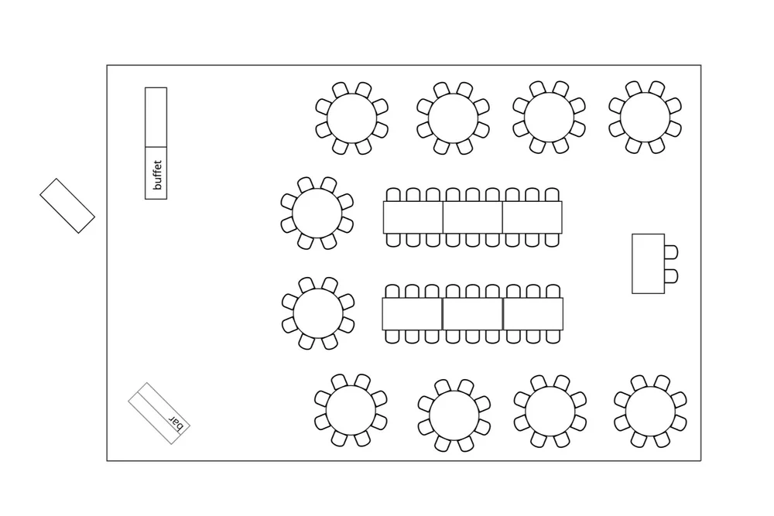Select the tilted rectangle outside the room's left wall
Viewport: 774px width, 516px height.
pyautogui.click(x=67, y=206)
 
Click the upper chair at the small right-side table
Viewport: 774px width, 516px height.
pyautogui.click(x=671, y=252)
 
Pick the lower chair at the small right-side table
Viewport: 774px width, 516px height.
pyautogui.click(x=671, y=275)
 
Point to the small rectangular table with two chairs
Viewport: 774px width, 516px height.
pyautogui.click(x=648, y=264)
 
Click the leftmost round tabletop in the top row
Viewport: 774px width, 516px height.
pyautogui.click(x=351, y=118)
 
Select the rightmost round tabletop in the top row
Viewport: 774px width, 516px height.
pyautogui.click(x=645, y=118)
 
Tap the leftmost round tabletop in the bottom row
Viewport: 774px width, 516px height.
pyautogui.click(x=351, y=411)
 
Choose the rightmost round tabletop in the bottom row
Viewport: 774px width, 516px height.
pyautogui.click(x=650, y=411)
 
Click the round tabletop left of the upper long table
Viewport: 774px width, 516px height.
pyautogui.click(x=317, y=214)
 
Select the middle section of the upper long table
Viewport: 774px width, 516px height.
pyautogui.click(x=472, y=217)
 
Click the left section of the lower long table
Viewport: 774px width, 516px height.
pyautogui.click(x=412, y=313)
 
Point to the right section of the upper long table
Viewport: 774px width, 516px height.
pyautogui.click(x=533, y=217)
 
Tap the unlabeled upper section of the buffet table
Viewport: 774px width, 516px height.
pyautogui.click(x=156, y=116)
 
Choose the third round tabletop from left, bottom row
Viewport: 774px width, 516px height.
pyautogui.click(x=550, y=411)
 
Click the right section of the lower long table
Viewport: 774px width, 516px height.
pyautogui.click(x=533, y=313)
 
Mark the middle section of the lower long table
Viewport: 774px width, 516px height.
pyautogui.click(x=473, y=313)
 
